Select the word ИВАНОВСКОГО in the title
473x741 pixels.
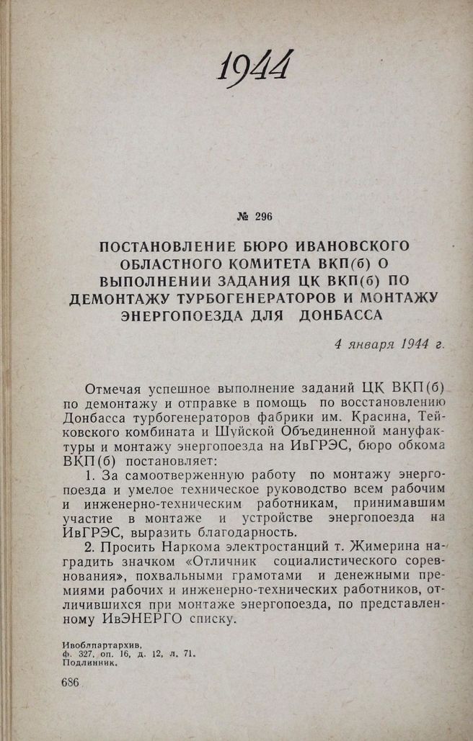pyautogui.click(x=352, y=248)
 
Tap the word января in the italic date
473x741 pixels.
pyautogui.click(x=376, y=343)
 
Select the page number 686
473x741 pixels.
pyautogui.click(x=70, y=683)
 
